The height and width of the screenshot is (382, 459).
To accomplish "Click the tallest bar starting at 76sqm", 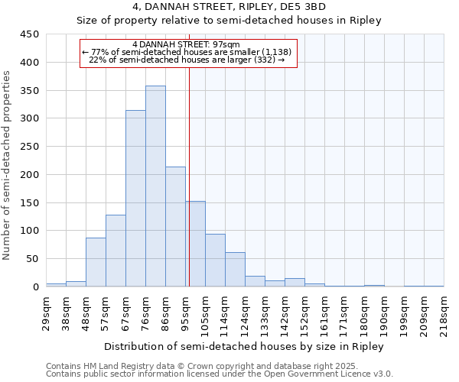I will click(x=155, y=186).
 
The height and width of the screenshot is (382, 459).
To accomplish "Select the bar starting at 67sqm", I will click(x=135, y=199).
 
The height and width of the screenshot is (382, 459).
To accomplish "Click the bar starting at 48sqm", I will click(x=96, y=262).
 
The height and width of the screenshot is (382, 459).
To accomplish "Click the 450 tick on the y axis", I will click(x=31, y=34).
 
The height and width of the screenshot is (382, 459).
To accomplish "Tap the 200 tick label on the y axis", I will click(x=31, y=175).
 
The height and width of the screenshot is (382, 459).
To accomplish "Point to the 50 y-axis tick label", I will click(x=33, y=259).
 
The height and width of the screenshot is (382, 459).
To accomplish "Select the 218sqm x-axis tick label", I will click(x=444, y=312).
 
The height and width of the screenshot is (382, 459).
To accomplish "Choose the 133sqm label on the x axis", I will click(x=265, y=312).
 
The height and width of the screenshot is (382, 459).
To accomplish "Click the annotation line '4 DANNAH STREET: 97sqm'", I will click(x=186, y=44).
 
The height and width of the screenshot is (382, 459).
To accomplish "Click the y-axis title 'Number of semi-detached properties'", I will click(x=8, y=165).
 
